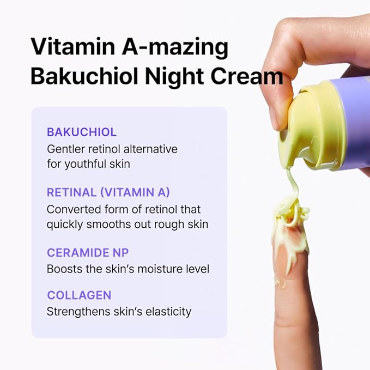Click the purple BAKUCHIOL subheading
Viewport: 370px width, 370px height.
pos(82,132)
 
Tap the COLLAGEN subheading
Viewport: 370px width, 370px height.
pos(79,295)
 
